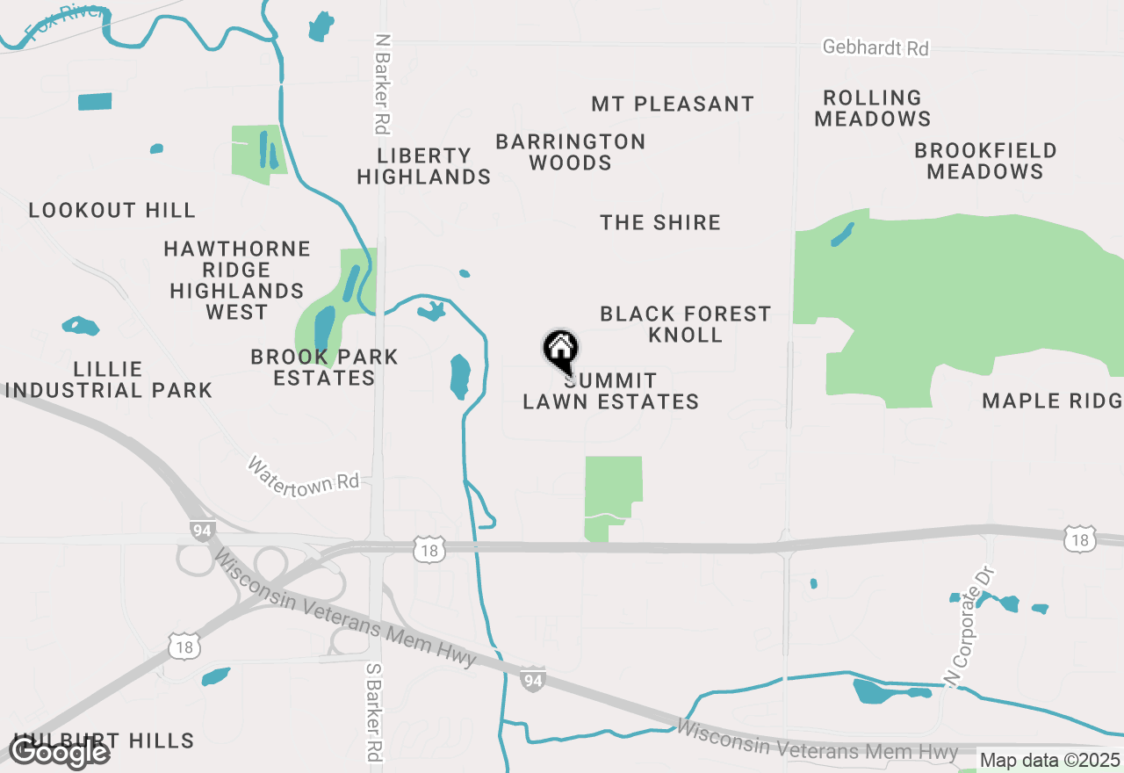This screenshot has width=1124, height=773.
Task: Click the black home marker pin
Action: (x=560, y=350)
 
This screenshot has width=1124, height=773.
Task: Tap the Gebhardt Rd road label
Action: (x=875, y=47)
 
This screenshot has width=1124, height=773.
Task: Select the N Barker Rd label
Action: (x=382, y=84)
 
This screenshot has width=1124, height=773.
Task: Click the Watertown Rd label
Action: (x=304, y=473)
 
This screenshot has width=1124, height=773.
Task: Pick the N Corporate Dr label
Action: (x=969, y=625)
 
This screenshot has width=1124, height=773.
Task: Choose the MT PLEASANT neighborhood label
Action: (x=673, y=104)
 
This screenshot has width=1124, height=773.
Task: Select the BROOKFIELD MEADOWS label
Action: (x=985, y=161)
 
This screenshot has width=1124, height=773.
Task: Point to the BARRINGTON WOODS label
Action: (x=571, y=152)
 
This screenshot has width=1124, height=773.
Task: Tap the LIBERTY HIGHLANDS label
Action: (x=424, y=166)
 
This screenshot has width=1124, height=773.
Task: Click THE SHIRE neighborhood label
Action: (x=660, y=222)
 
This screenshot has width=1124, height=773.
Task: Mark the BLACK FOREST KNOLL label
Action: (x=685, y=324)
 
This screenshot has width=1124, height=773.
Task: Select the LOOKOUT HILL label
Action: (x=112, y=210)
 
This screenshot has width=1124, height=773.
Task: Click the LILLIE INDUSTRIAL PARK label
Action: (x=109, y=379)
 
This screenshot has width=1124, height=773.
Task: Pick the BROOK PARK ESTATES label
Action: (x=324, y=367)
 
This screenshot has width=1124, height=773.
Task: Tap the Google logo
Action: (x=60, y=752)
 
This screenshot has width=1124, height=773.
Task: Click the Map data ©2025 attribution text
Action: (x=1049, y=760)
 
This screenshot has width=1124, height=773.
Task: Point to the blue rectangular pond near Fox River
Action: (x=95, y=101)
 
